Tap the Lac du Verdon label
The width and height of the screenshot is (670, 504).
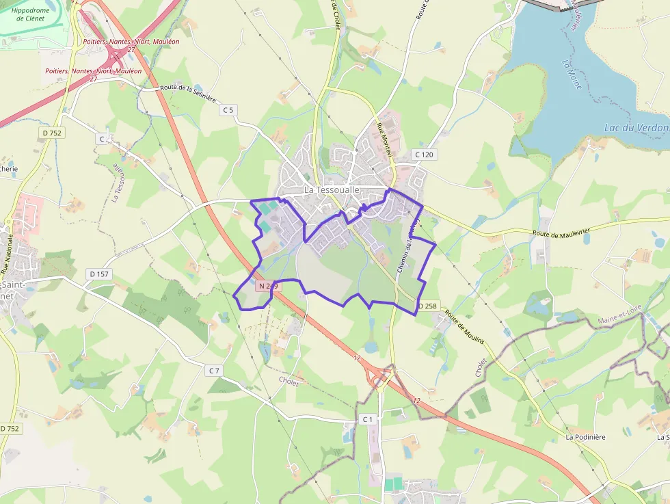(x=636, y=128)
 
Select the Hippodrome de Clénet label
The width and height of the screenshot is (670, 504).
(x=31, y=14)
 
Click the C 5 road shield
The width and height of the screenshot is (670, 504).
(x=228, y=109)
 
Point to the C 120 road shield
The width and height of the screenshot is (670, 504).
(x=424, y=155)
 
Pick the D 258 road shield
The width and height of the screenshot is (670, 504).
(x=427, y=306)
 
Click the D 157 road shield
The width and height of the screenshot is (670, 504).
(x=99, y=274)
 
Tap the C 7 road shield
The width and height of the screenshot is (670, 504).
(x=214, y=370)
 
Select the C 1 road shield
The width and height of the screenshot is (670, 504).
(x=367, y=419)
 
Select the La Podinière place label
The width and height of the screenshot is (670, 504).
(x=589, y=436)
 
